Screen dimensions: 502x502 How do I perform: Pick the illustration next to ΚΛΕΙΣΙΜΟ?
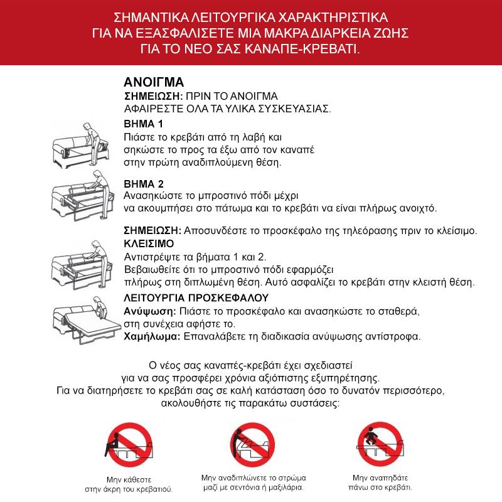tap(80, 262)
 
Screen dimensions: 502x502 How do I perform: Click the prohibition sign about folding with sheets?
tap(252, 441)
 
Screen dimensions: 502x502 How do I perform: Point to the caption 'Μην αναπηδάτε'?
tap(382, 476)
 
